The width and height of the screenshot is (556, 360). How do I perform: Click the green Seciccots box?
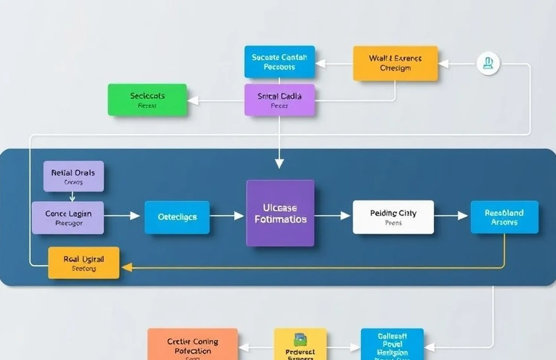click(147, 100)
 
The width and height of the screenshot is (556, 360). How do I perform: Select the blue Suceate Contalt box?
click(279, 62)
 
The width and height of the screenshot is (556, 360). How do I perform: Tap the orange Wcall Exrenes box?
click(395, 63)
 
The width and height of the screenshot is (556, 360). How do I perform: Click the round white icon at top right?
click(488, 63)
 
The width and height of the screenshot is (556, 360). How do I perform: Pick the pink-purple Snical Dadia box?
click(279, 100)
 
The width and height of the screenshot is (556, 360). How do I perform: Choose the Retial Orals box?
click(74, 176)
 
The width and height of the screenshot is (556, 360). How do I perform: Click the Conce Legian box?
click(68, 218)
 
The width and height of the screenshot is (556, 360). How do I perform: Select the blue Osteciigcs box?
click(177, 217)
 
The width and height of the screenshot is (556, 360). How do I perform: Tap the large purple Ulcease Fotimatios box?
click(280, 213)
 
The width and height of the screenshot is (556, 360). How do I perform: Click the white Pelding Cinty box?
click(393, 217)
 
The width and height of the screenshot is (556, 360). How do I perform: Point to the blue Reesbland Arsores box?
click(504, 217)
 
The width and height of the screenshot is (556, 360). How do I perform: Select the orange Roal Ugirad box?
click(84, 263)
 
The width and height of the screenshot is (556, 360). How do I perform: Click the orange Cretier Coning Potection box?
click(193, 345)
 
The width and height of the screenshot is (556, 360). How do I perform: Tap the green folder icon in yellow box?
click(300, 340)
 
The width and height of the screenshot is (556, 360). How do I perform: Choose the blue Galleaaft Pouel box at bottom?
click(392, 344)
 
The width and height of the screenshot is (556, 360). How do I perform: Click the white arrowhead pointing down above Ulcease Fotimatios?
click(279, 163)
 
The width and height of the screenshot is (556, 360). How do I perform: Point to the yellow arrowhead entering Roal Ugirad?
click(127, 267)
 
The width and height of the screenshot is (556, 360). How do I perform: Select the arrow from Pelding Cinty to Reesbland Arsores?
click(452, 216)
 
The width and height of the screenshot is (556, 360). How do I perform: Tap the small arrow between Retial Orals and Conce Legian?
click(72, 197)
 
